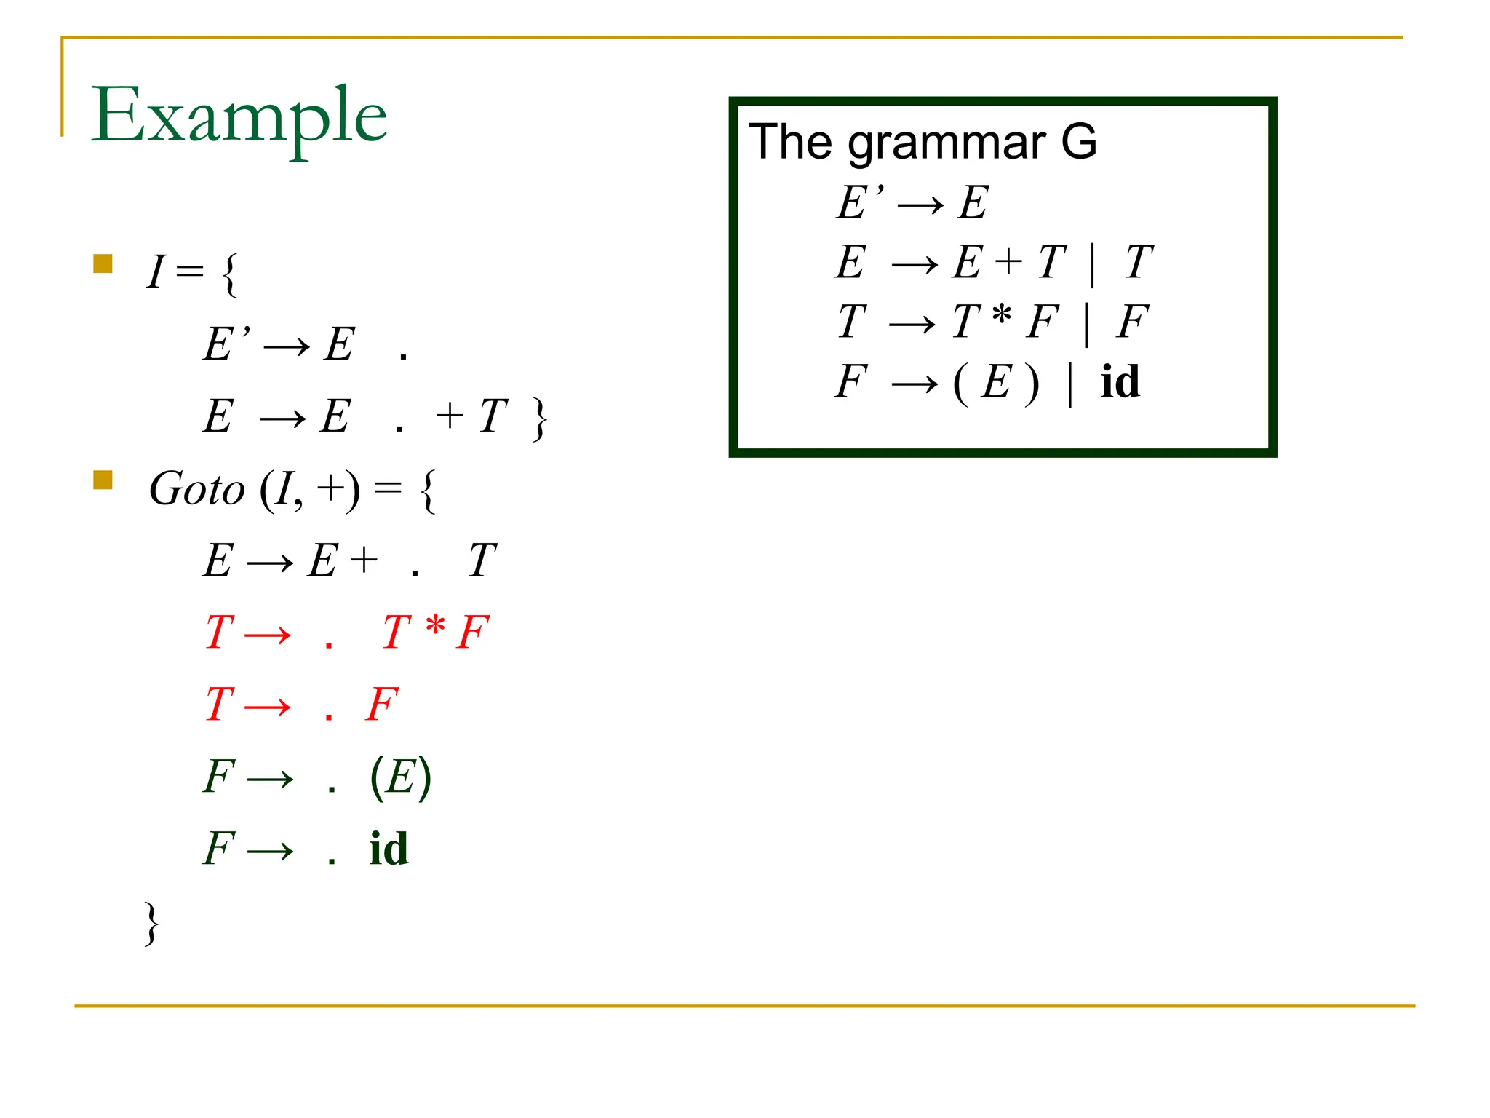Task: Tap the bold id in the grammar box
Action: pyautogui.click(x=1120, y=381)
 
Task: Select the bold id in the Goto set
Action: pyautogui.click(x=389, y=849)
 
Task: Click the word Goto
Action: pyautogui.click(x=196, y=489)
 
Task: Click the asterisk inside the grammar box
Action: pyautogui.click(x=1002, y=315)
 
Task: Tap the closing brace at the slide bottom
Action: pyautogui.click(x=151, y=924)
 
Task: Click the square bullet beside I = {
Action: pyautogui.click(x=103, y=263)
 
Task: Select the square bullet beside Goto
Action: pyautogui.click(x=103, y=480)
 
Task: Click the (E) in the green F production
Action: pyautogui.click(x=401, y=777)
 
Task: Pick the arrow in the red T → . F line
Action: pyautogui.click(x=268, y=706)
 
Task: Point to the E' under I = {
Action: pyautogui.click(x=226, y=344)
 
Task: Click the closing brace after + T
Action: pyautogui.click(x=539, y=419)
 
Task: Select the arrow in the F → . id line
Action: pyautogui.click(x=270, y=850)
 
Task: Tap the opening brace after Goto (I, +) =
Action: pyautogui.click(x=429, y=491)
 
